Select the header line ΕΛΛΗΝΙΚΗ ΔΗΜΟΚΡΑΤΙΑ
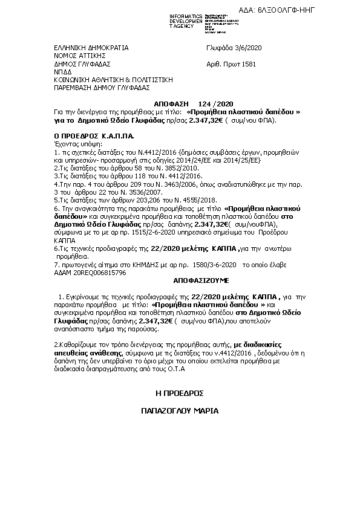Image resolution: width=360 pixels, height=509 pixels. [x=91, y=47]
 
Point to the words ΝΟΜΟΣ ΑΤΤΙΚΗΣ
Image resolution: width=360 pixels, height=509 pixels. [x=76, y=55]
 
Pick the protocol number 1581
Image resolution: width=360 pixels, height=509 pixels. [x=249, y=63]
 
